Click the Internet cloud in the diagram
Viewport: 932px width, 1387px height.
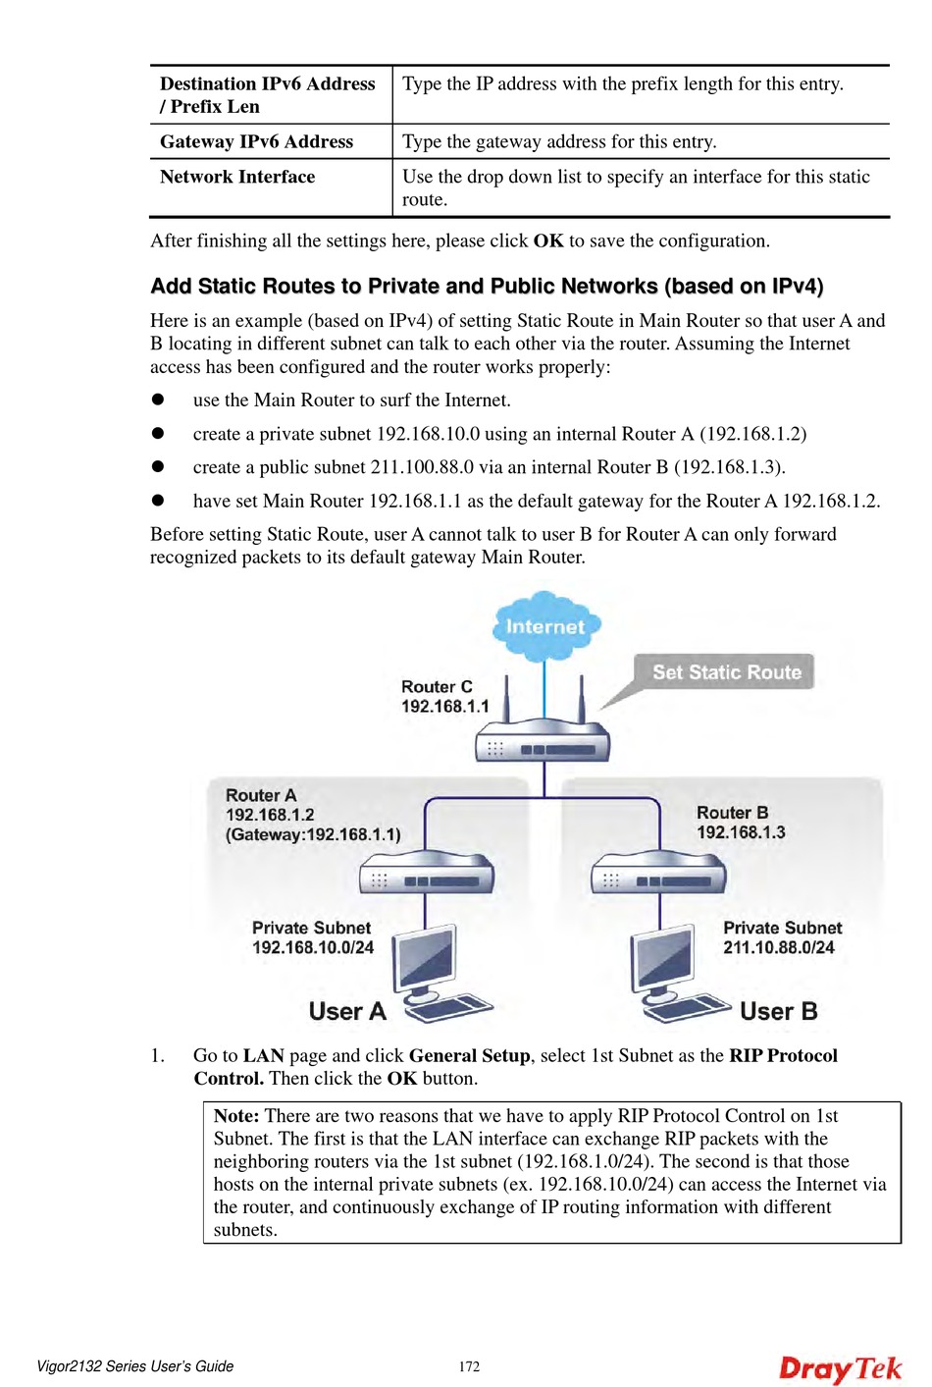click(x=545, y=624)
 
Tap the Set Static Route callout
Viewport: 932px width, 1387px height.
click(x=726, y=672)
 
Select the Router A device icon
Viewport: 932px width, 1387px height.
click(x=427, y=873)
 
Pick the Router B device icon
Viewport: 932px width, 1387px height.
click(x=658, y=873)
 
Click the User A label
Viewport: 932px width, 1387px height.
click(x=347, y=1012)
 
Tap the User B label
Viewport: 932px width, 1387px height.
click(x=778, y=1012)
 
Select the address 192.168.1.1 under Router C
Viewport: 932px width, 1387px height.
click(x=444, y=707)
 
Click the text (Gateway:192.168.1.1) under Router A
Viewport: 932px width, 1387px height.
click(x=313, y=834)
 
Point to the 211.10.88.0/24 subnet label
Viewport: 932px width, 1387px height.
click(x=779, y=948)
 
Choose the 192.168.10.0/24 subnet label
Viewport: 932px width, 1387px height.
click(x=313, y=948)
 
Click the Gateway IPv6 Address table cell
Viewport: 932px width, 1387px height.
click(x=257, y=141)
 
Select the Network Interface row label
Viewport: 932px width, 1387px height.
click(x=237, y=177)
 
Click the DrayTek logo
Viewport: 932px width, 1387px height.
click(x=840, y=1368)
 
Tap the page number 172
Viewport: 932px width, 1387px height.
click(x=470, y=1366)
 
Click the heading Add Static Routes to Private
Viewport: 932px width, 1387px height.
click(x=487, y=286)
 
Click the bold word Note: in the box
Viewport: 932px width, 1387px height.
click(x=236, y=1116)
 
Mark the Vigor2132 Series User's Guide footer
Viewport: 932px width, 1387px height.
click(x=135, y=1366)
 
